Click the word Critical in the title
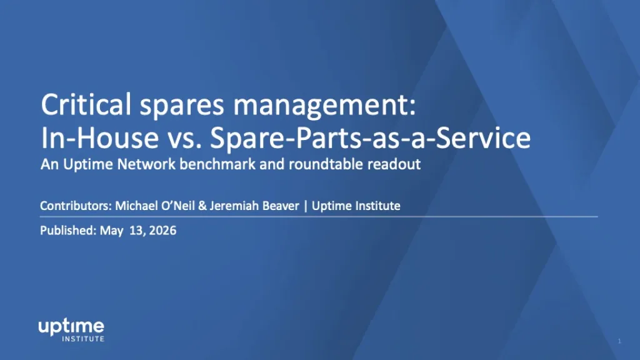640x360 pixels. point(86,104)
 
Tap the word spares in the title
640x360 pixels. point(182,106)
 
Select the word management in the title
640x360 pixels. point(324,106)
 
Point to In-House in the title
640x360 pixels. point(100,137)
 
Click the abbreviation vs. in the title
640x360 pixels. point(185,139)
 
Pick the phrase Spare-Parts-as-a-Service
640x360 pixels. point(370,137)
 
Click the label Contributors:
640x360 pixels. point(76,206)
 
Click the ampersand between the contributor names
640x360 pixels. point(202,206)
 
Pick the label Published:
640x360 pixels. point(69,231)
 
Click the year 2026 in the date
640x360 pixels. point(162,231)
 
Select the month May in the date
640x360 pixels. point(111,231)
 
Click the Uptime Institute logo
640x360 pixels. point(71,330)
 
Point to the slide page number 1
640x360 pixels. point(619,341)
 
